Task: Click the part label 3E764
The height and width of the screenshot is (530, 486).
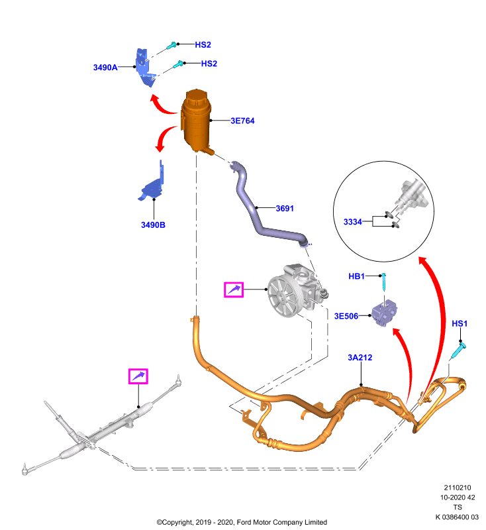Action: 242,121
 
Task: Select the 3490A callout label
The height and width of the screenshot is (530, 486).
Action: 105,68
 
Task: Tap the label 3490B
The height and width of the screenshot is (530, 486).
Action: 153,225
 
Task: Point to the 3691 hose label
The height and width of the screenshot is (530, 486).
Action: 285,209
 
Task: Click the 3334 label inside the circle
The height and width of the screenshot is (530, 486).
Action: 353,222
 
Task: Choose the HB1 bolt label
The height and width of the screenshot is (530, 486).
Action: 357,276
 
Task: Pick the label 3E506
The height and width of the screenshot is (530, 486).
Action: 346,317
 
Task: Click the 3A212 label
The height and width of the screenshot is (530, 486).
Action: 360,358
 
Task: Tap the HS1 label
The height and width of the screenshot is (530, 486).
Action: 460,324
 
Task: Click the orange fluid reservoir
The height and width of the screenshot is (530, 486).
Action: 196,121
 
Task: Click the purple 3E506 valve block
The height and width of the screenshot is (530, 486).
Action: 384,313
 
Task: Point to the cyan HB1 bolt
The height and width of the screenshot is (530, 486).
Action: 383,282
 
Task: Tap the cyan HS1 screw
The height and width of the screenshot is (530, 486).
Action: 459,350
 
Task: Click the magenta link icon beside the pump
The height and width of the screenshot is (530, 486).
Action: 234,290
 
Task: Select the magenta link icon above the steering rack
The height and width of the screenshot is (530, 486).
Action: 138,376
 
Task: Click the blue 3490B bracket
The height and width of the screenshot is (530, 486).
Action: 152,185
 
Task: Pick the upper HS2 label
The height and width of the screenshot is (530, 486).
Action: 203,45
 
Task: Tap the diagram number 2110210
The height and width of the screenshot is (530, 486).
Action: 458,488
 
